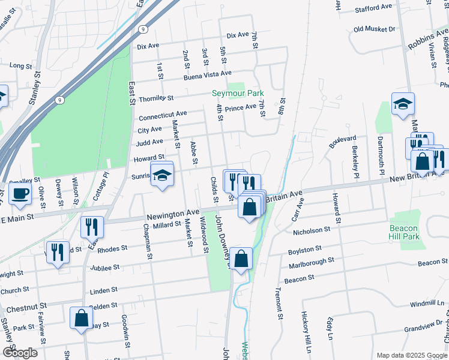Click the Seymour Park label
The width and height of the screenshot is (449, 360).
coord(238,94)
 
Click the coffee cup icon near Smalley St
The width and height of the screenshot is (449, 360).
coord(20,194)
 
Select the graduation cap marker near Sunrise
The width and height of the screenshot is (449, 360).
coord(161,175)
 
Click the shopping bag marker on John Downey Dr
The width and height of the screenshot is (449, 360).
coord(241,259)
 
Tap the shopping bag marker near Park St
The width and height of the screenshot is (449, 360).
coord(81,319)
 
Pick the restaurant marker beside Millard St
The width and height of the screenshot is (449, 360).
coord(92,227)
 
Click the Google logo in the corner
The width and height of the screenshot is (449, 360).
coord(20,353)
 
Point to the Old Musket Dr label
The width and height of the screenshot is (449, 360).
coord(375,29)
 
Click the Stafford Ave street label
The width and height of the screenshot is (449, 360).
coord(373,8)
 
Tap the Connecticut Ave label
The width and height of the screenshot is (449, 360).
coord(163,115)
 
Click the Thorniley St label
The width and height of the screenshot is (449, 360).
coord(156,98)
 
